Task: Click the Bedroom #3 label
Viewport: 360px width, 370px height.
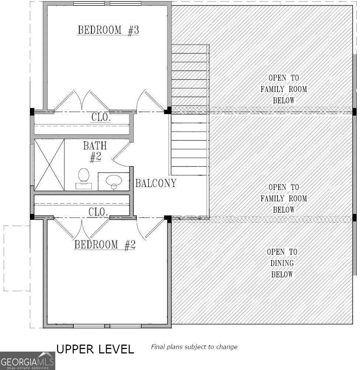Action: [x=108, y=30]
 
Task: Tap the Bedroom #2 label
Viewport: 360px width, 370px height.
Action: [x=105, y=245]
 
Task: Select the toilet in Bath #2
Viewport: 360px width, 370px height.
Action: [x=84, y=178]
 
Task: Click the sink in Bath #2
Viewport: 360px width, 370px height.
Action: [x=114, y=181]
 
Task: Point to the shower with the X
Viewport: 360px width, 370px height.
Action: [x=49, y=165]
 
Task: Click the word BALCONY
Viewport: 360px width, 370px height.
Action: [x=155, y=183]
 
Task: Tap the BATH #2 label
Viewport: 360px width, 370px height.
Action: [x=95, y=151]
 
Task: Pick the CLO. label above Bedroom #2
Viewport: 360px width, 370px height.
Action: [x=98, y=212]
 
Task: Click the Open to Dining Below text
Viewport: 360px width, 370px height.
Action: [x=282, y=263]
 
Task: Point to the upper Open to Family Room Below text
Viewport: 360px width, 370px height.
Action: [x=283, y=89]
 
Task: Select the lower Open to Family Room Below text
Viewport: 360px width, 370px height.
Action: [x=283, y=198]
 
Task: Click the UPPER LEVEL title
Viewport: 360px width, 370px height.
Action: [x=95, y=349]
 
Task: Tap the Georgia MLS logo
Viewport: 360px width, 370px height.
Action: [x=27, y=360]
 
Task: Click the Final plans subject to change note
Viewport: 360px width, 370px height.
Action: [x=194, y=347]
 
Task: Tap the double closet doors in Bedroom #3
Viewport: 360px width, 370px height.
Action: [x=82, y=100]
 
